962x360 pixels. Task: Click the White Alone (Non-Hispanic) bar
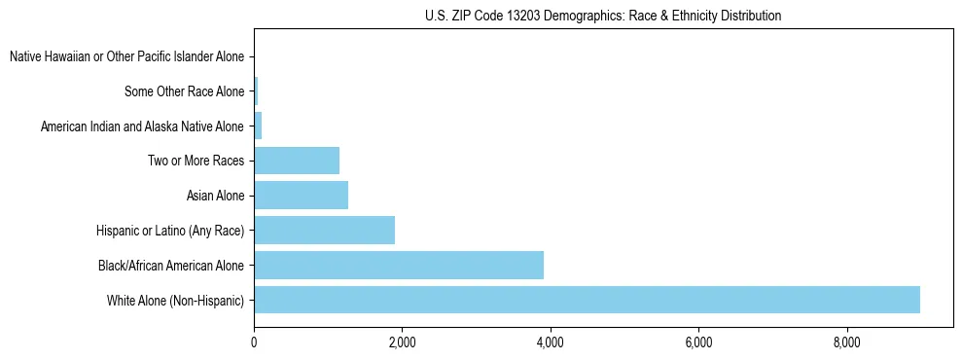pos(587,300)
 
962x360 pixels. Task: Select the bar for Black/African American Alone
pos(399,265)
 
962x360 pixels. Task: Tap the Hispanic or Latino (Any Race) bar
pos(324,231)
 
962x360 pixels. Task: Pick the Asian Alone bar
pos(301,196)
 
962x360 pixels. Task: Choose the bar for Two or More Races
pos(297,161)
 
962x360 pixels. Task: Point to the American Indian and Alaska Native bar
pos(258,126)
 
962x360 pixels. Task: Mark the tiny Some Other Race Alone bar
pos(256,91)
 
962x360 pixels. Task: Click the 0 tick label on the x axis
pos(254,342)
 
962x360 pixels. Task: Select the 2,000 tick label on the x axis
pos(402,342)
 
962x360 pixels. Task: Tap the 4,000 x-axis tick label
pos(551,342)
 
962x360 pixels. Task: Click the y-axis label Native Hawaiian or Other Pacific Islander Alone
pos(126,57)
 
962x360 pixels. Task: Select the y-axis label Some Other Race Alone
pos(184,92)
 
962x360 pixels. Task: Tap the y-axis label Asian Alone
pos(215,197)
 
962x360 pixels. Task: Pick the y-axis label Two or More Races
pos(196,162)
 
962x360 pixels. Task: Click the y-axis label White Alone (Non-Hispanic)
pos(175,301)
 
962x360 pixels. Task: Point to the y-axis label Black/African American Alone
pos(171,266)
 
